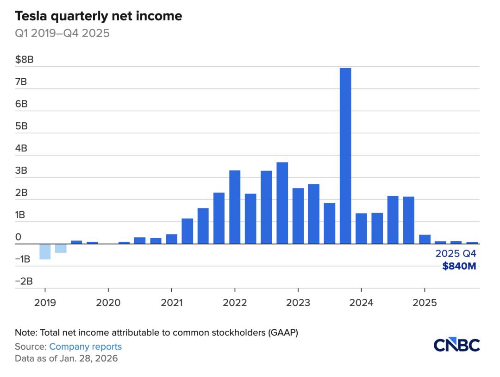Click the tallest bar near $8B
[x=345, y=156]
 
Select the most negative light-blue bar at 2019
[x=45, y=251]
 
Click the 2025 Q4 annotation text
[x=456, y=254]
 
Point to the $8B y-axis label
[x=24, y=60]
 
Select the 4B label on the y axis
[x=21, y=148]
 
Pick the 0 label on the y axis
[x=19, y=237]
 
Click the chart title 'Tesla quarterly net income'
[x=99, y=17]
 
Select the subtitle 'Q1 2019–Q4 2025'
[x=62, y=34]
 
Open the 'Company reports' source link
[x=85, y=346]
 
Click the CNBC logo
[x=457, y=345]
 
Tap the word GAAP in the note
[x=288, y=333]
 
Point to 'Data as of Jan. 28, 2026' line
[x=66, y=358]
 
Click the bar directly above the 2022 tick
[x=235, y=207]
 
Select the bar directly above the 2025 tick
[x=425, y=239]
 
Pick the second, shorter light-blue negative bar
[x=61, y=248]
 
